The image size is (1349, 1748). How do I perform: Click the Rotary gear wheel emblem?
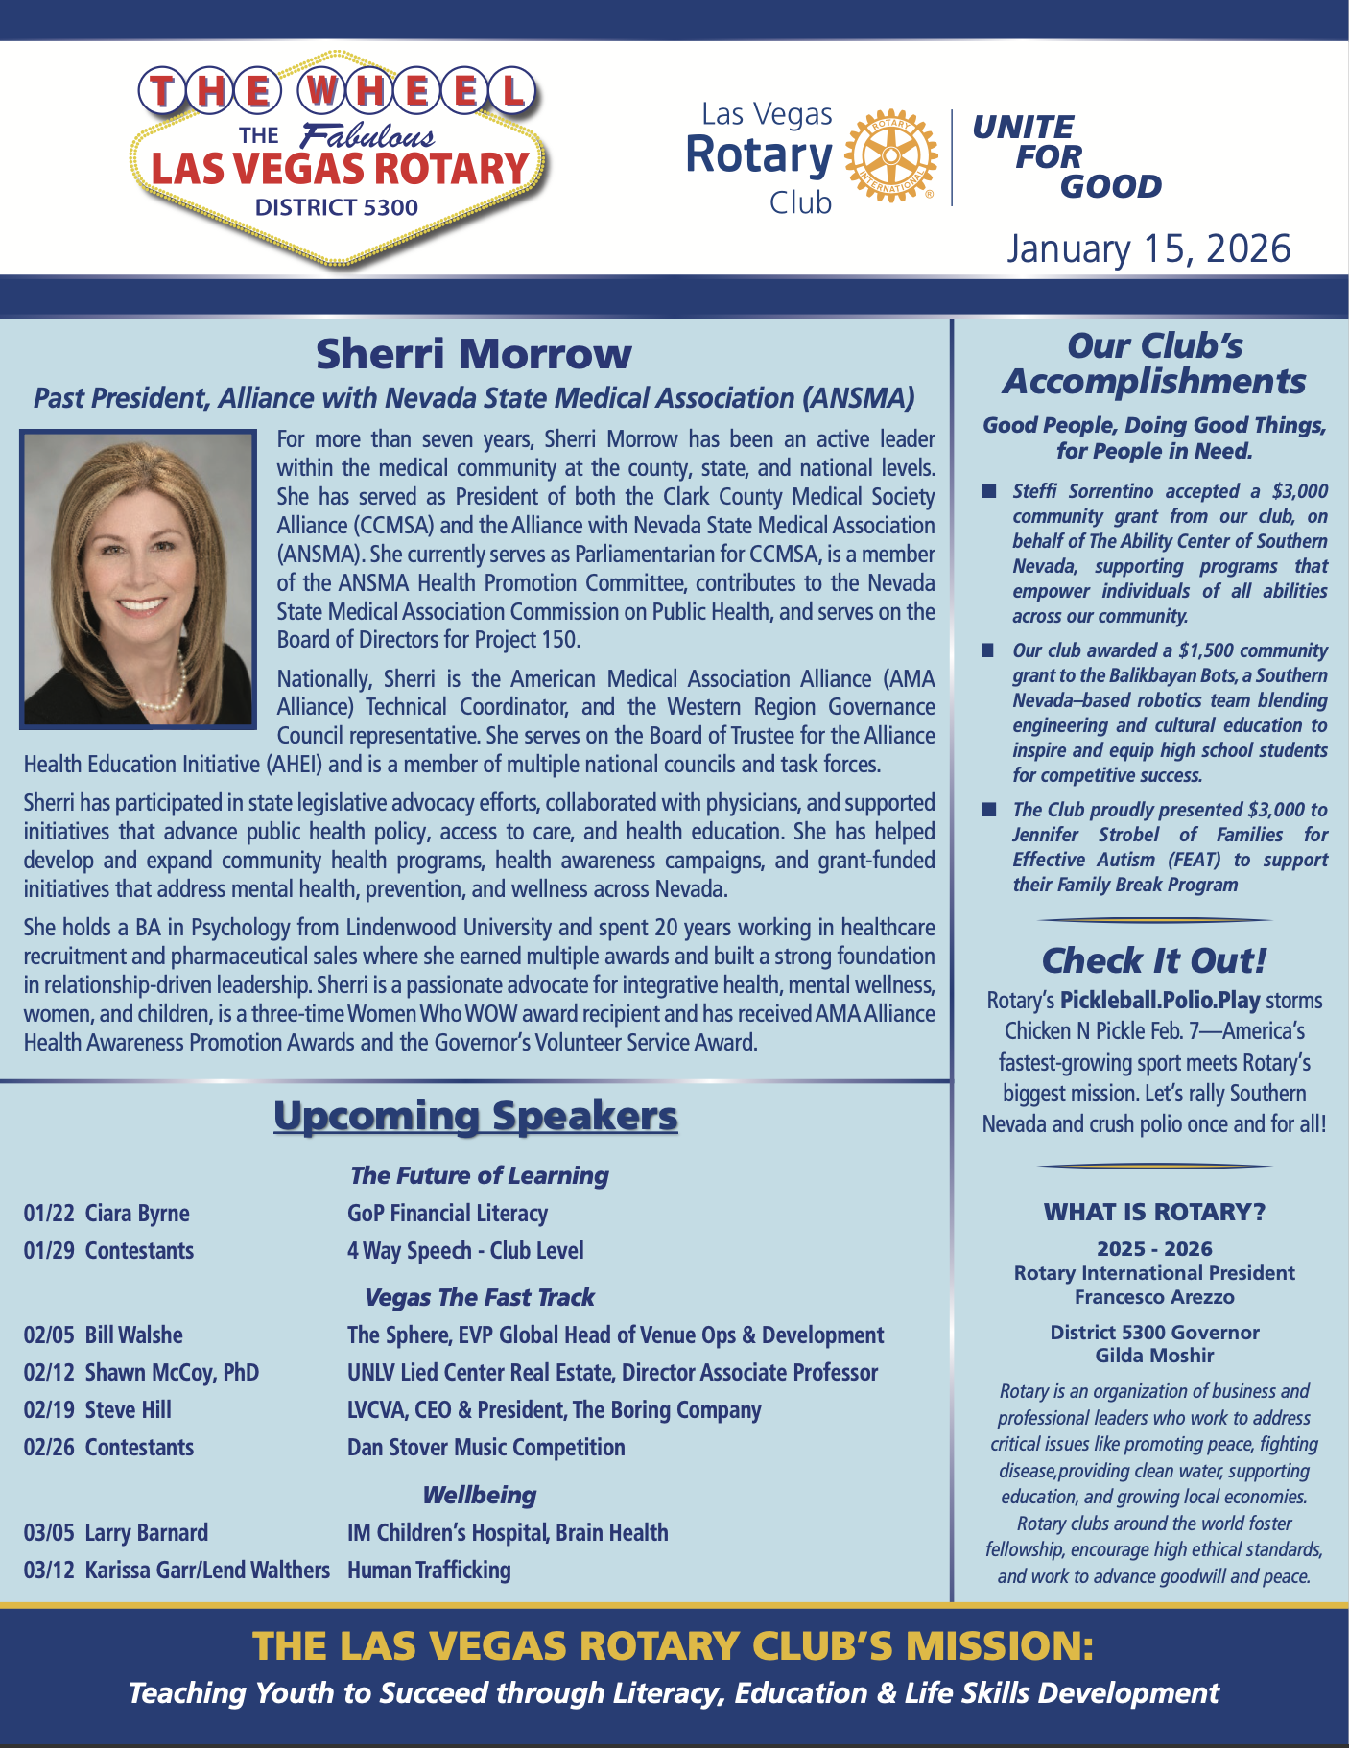pos(889,155)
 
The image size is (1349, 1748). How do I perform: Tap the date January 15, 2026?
pos(1148,248)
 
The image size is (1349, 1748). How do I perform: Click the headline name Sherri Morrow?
pos(474,354)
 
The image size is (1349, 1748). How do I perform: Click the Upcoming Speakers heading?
pos(476,1117)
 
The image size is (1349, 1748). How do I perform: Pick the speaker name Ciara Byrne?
pos(137,1214)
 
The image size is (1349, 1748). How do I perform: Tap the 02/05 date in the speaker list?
pos(49,1335)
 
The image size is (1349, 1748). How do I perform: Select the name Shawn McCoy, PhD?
pos(172,1373)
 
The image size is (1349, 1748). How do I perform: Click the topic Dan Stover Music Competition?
pos(485,1448)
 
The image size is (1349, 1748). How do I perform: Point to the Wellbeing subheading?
pos(479,1495)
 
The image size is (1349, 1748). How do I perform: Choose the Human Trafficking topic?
pos(429,1571)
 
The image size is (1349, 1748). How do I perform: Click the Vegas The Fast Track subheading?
pos(479,1298)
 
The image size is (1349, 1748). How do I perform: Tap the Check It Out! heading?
pos(1154,960)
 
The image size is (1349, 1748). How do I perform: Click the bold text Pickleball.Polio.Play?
pos(1160,1001)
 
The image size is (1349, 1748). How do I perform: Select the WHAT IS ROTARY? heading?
pos(1154,1212)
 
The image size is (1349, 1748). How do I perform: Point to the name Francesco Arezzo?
pos(1154,1298)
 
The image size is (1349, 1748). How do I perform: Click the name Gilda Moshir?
pos(1154,1357)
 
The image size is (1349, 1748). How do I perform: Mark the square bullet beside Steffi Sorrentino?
pos(988,492)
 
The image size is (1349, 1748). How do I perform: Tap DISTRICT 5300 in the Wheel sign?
pos(337,207)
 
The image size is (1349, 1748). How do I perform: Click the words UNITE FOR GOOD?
pos(1066,156)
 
